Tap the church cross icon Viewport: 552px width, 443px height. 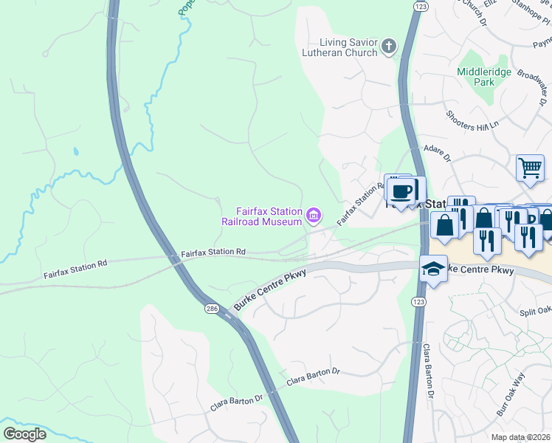(390, 48)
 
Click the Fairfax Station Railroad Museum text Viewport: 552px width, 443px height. (263, 216)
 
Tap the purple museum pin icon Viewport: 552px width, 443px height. (314, 216)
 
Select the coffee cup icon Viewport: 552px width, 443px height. (402, 191)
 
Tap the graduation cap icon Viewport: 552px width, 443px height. (432, 269)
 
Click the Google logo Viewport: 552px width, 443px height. (25, 434)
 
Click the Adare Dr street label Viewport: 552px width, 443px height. (436, 153)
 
